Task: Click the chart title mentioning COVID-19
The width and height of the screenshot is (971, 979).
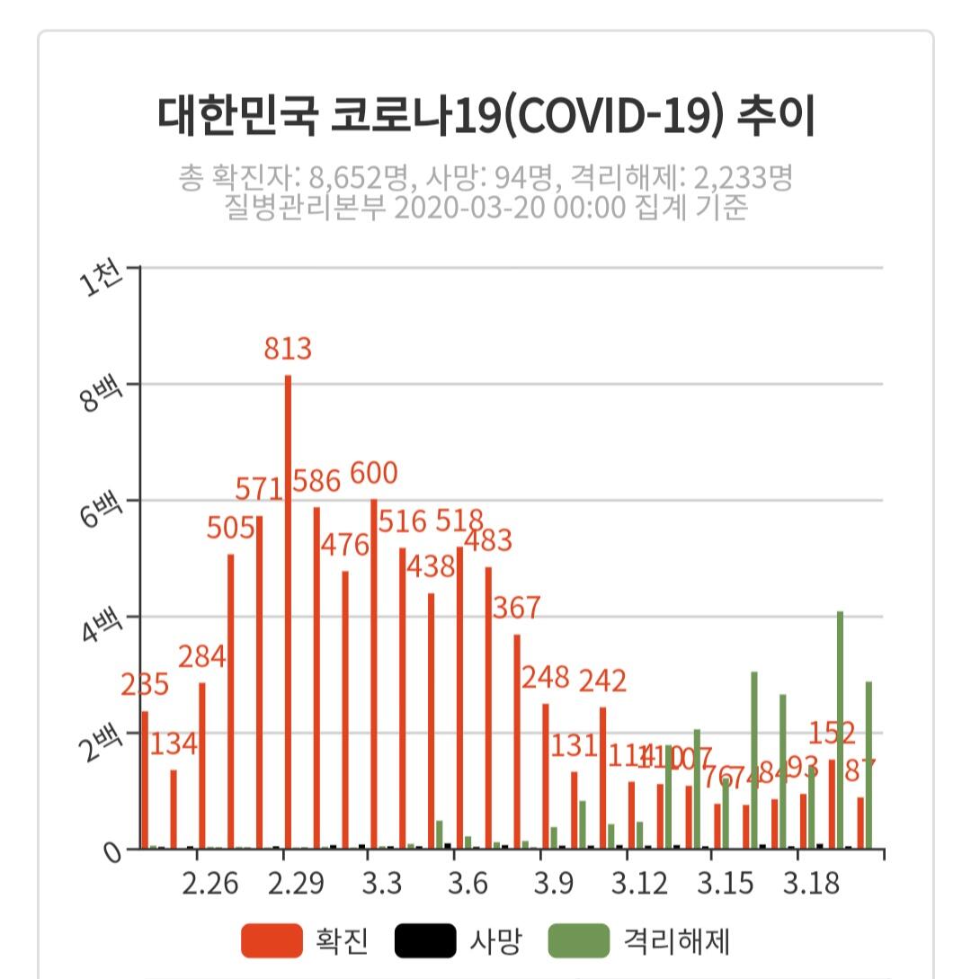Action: click(485, 118)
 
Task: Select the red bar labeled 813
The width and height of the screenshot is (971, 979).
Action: click(288, 611)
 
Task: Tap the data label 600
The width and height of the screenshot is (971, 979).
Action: click(373, 473)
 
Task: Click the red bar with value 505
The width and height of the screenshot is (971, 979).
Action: click(231, 701)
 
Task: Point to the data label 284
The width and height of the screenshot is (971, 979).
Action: click(200, 657)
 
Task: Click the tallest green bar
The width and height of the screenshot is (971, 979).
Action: click(840, 729)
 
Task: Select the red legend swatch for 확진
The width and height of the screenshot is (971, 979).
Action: click(272, 941)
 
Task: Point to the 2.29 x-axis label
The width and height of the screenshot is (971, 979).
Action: click(296, 885)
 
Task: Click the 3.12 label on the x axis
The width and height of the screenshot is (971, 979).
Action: click(639, 885)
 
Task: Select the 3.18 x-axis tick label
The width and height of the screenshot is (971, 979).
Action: click(811, 885)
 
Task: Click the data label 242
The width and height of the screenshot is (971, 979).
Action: click(601, 681)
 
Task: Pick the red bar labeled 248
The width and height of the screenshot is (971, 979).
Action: click(546, 775)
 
